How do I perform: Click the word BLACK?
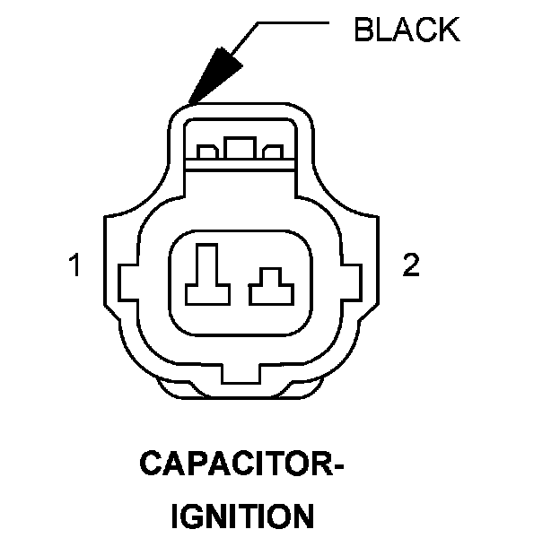point(407,30)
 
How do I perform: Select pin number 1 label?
point(76,266)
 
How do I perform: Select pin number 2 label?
point(410,266)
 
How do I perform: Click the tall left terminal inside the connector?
point(207,273)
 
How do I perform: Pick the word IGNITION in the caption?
point(242,517)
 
